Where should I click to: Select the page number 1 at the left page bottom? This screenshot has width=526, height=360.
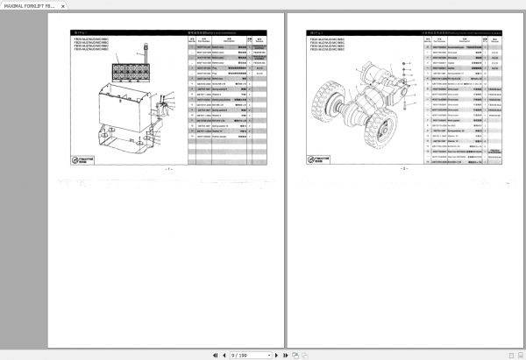(x=169, y=167)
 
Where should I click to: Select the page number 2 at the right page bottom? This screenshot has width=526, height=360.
(x=404, y=167)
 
